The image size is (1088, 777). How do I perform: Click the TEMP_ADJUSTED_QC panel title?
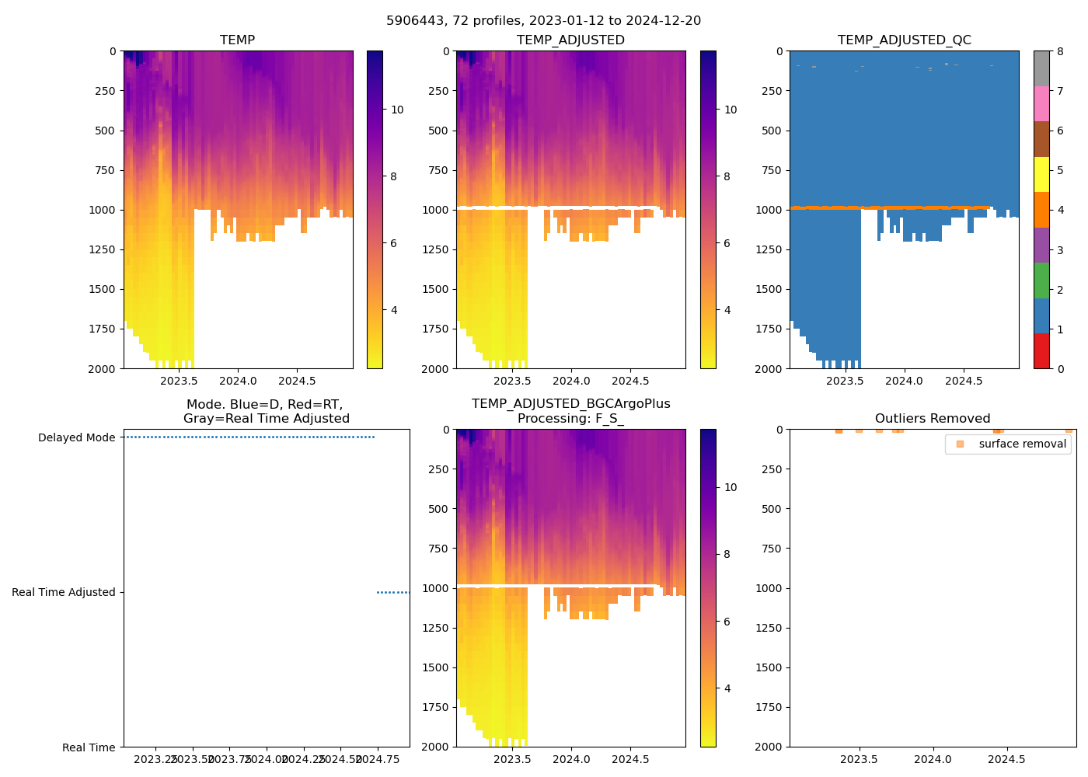click(904, 40)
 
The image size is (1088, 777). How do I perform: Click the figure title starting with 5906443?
click(543, 21)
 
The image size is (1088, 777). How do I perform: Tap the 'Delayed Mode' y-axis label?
click(76, 437)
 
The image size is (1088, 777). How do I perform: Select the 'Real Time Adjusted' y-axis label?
click(64, 592)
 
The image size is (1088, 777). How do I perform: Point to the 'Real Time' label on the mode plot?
click(89, 747)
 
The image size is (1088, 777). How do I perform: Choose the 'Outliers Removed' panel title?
click(932, 418)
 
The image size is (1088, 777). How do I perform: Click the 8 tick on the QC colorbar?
click(1059, 51)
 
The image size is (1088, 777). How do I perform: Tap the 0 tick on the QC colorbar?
click(1059, 368)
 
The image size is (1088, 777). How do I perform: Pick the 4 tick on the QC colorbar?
click(1059, 210)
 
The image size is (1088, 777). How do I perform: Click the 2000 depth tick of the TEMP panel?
click(102, 368)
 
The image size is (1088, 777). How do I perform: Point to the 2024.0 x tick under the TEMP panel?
click(238, 381)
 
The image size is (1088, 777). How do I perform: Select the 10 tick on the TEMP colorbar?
click(397, 110)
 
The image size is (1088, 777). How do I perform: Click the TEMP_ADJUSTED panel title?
click(570, 40)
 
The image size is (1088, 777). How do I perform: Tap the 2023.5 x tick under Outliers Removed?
click(859, 759)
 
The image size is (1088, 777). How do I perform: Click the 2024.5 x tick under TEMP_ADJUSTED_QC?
click(964, 381)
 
